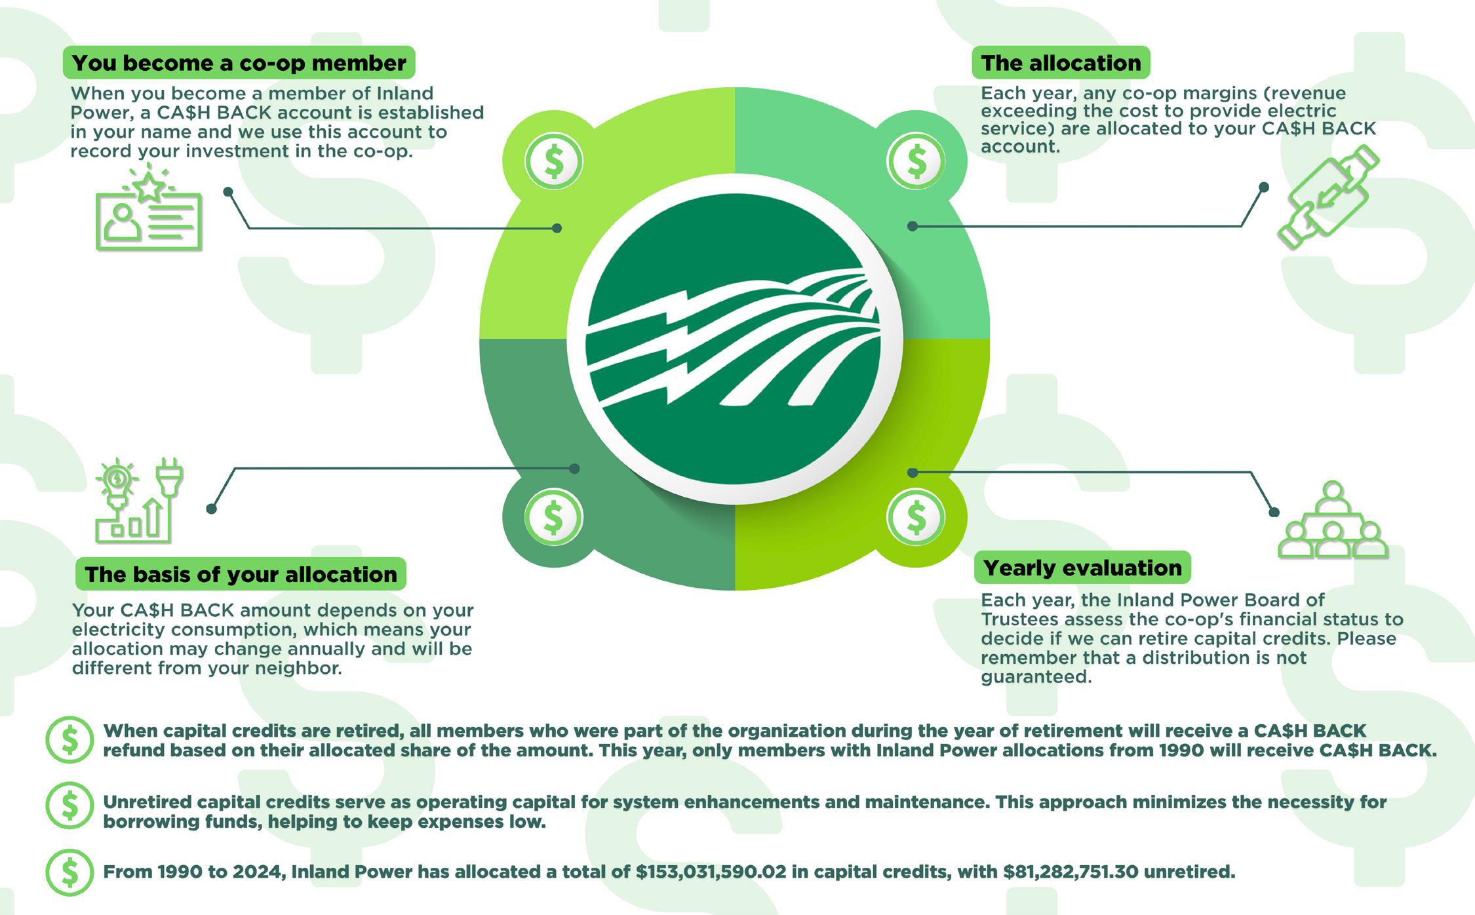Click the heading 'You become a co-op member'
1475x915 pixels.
click(x=239, y=63)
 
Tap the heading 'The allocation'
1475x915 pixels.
click(x=1061, y=63)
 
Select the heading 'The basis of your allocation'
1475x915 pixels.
click(x=241, y=574)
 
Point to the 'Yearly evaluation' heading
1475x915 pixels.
click(x=1082, y=568)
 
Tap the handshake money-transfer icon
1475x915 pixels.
click(x=1328, y=197)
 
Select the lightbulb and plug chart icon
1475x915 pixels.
click(x=139, y=501)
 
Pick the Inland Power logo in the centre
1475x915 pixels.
click(x=734, y=339)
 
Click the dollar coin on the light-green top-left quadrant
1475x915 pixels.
click(x=554, y=162)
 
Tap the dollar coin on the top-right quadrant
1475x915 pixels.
click(x=916, y=162)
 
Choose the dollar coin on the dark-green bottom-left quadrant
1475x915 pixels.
click(x=554, y=517)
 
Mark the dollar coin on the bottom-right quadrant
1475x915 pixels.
click(x=916, y=517)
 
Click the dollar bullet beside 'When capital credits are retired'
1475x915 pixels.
click(x=69, y=740)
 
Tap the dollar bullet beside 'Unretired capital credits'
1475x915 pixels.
click(x=69, y=806)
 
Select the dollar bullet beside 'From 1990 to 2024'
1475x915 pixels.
click(x=69, y=872)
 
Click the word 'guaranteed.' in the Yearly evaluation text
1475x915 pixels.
click(x=1036, y=676)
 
